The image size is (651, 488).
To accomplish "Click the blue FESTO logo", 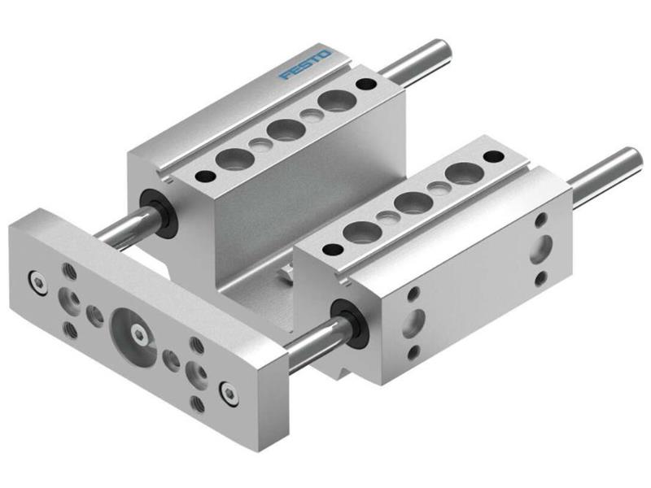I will pyautogui.click(x=304, y=65).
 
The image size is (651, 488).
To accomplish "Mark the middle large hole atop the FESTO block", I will pyautogui.click(x=283, y=130).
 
